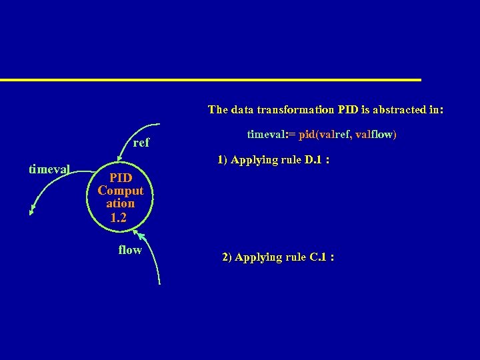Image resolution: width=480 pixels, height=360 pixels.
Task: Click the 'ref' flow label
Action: pos(141,143)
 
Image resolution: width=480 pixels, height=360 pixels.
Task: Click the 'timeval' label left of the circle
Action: pos(49,169)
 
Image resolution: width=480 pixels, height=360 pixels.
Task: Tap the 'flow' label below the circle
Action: pos(130,250)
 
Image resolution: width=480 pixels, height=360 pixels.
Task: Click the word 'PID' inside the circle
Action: pos(121,178)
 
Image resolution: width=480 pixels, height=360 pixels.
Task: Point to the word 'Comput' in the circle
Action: pos(121,191)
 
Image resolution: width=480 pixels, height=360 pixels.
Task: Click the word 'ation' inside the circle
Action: pos(121,203)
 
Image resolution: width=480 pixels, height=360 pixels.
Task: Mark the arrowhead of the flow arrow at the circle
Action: pos(138,233)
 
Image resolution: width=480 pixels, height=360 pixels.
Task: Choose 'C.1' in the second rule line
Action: pos(317,257)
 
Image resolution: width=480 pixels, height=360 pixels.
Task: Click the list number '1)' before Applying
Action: pos(223,161)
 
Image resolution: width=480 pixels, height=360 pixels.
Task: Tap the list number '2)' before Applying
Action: pos(227,257)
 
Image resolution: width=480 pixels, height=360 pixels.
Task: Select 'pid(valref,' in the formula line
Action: pos(325,135)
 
